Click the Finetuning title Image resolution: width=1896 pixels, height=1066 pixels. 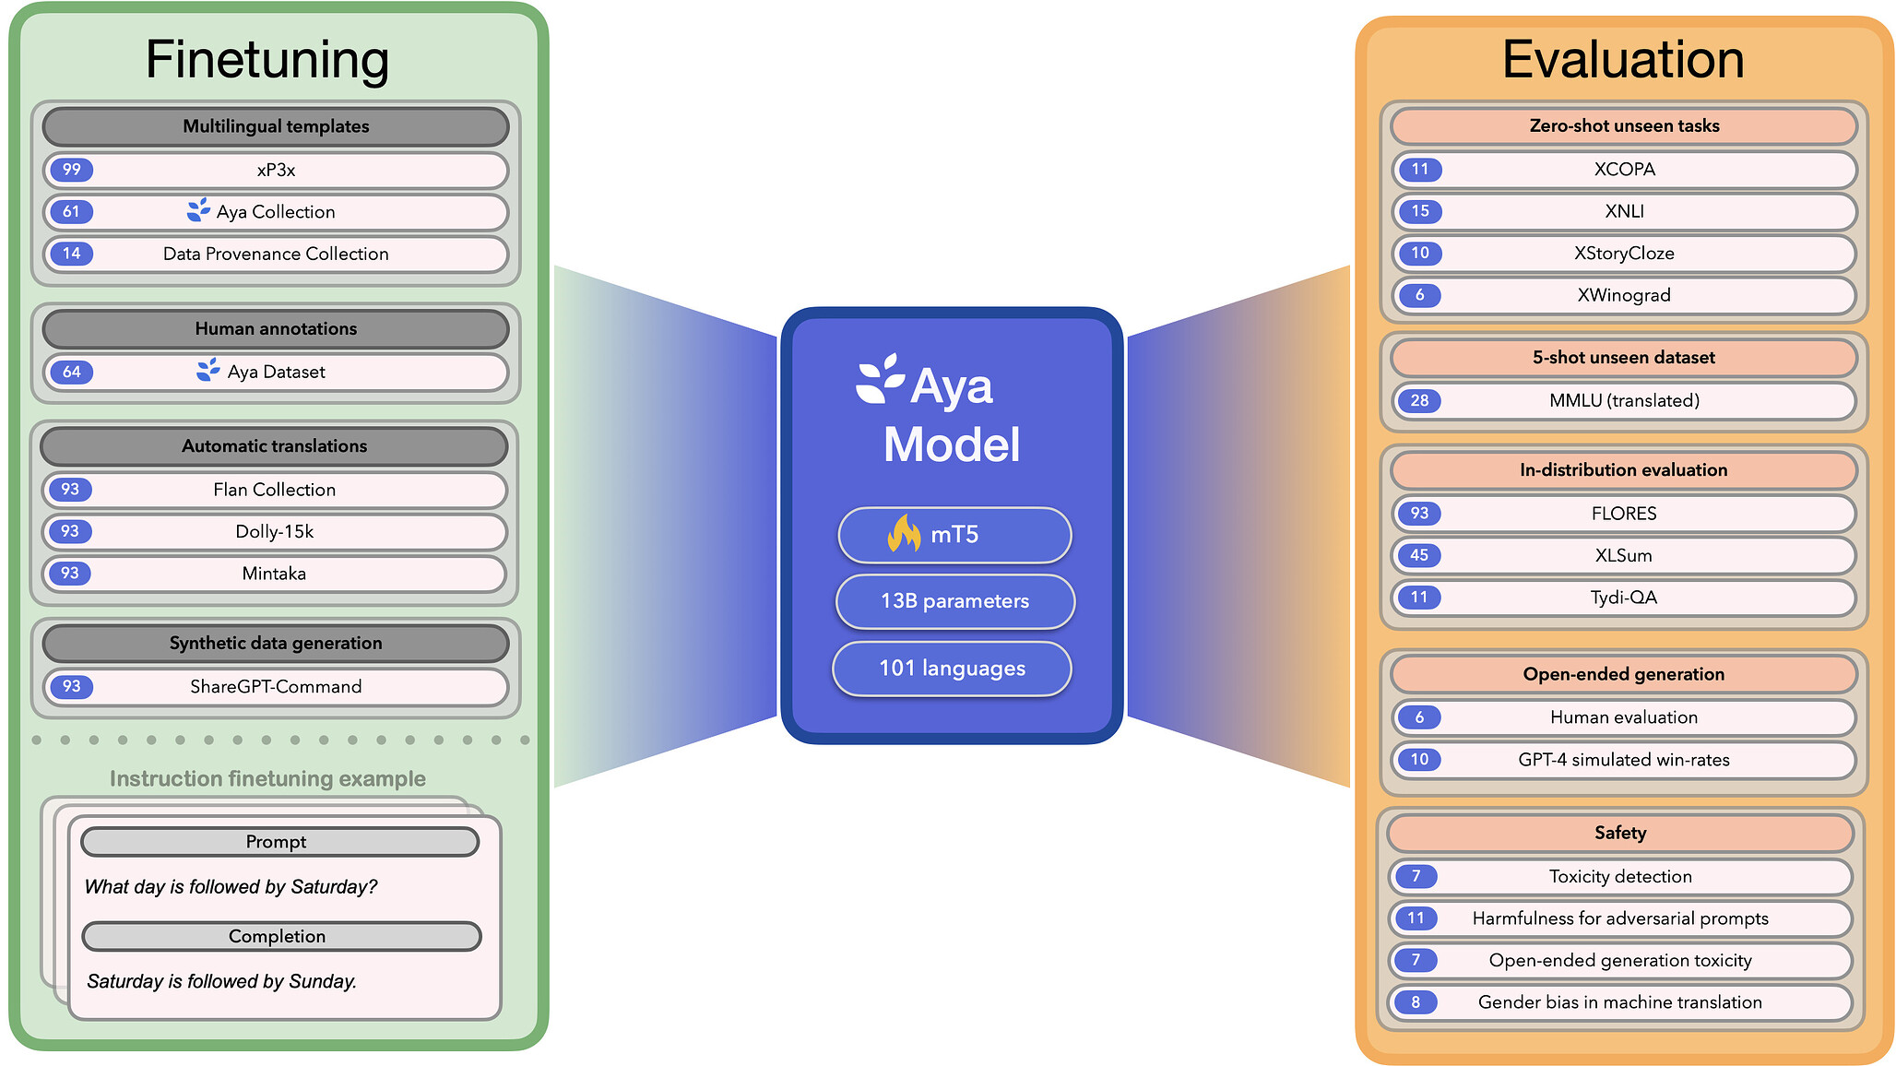[x=267, y=60]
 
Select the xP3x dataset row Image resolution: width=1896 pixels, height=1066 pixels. [x=276, y=171]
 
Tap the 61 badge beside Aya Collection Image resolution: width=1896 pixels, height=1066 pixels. [x=71, y=212]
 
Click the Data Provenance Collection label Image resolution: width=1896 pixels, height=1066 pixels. [x=276, y=255]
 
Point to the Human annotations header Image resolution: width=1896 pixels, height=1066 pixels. [x=276, y=329]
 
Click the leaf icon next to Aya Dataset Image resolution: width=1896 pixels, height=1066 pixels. [x=208, y=371]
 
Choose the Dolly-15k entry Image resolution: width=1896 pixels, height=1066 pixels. [x=274, y=532]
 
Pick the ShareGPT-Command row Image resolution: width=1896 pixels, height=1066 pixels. [x=276, y=687]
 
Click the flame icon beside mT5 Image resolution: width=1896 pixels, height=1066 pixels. [x=904, y=534]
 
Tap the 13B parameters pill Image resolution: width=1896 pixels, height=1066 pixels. [x=954, y=601]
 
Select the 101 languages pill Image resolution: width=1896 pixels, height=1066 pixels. [x=952, y=669]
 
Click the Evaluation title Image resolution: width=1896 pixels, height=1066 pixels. [x=1623, y=60]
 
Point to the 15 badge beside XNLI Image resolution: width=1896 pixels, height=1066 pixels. [x=1419, y=211]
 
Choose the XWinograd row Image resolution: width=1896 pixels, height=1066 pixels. [x=1623, y=296]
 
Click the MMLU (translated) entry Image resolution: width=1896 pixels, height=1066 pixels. [x=1623, y=401]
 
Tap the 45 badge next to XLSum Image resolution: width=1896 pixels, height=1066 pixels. [x=1418, y=555]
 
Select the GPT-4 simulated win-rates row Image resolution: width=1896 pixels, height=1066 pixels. [x=1623, y=760]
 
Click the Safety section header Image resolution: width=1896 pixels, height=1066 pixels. [x=1619, y=834]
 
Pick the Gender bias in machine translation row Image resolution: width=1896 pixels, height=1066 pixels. [x=1619, y=1002]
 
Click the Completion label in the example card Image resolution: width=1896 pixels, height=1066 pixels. [x=277, y=937]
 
